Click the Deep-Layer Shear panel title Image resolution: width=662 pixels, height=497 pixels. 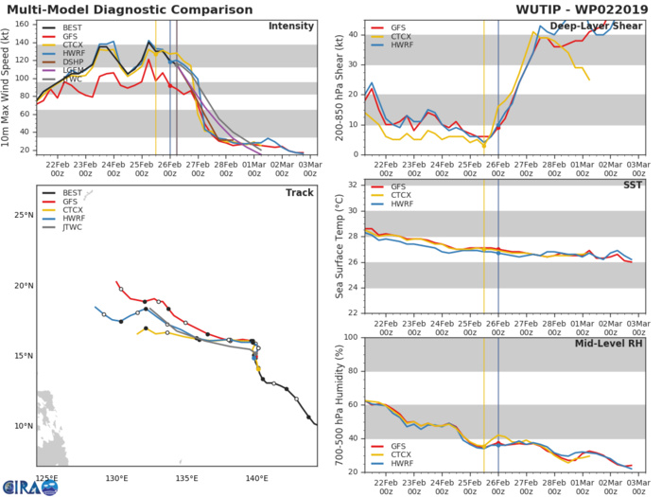pos(601,26)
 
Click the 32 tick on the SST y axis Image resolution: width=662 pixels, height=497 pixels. pos(353,184)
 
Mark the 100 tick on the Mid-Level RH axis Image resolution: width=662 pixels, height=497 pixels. pos(350,337)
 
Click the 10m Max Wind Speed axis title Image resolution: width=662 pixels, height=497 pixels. pos(8,86)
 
